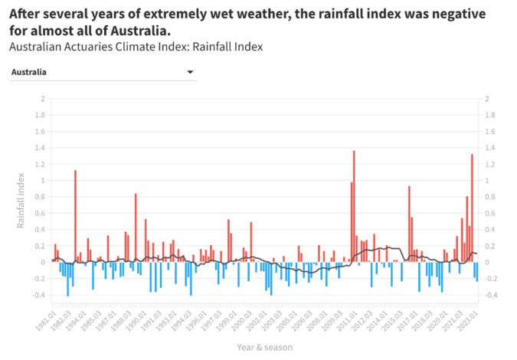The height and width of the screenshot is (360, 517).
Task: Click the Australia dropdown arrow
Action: pyautogui.click(x=190, y=72)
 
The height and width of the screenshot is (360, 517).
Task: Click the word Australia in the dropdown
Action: pyautogui.click(x=28, y=72)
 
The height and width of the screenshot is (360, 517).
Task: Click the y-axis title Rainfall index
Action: pyautogui.click(x=21, y=197)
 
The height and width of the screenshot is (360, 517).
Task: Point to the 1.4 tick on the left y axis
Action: pyautogui.click(x=42, y=148)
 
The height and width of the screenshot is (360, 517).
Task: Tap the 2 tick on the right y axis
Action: pyautogui.click(x=488, y=99)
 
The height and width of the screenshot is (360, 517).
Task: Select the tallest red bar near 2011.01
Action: pyautogui.click(x=354, y=205)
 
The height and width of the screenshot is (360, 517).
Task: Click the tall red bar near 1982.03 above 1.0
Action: pyautogui.click(x=75, y=214)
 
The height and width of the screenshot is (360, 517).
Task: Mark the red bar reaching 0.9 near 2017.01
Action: pyautogui.click(x=409, y=223)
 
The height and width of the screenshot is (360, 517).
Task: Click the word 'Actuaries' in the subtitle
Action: pyautogui.click(x=87, y=47)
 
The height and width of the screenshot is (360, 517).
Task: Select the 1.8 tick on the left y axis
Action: pyautogui.click(x=42, y=115)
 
